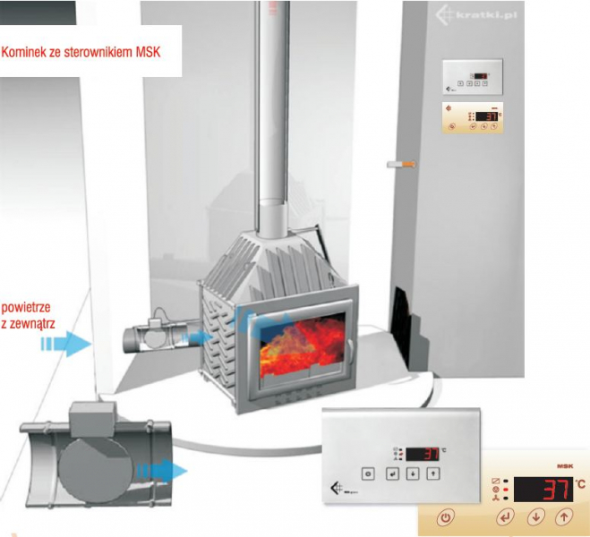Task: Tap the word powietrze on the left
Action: point(27,303)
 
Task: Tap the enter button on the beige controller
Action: point(506,516)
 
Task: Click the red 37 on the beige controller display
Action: point(556,489)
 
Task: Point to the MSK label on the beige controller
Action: point(564,466)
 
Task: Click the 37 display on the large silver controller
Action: point(431,453)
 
